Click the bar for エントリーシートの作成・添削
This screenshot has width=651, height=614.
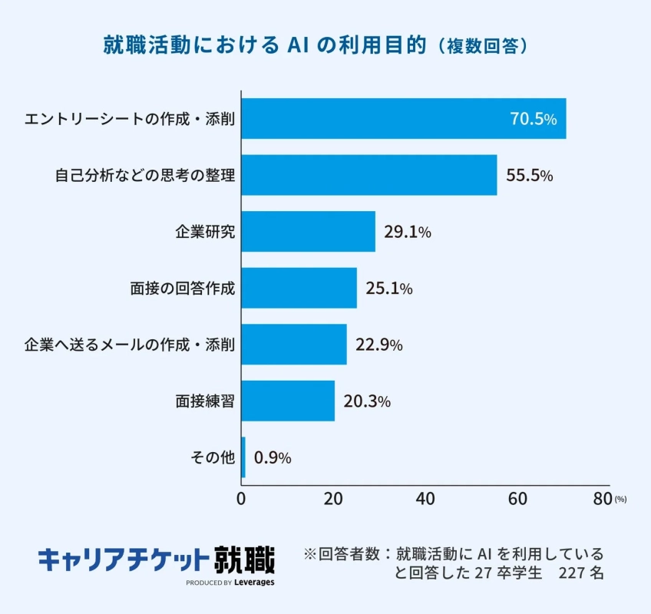tap(404, 119)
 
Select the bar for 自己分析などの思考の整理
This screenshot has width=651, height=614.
tap(369, 175)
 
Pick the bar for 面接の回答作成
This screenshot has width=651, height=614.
tap(299, 288)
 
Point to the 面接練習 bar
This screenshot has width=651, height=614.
tap(288, 401)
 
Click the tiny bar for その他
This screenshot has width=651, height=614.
tap(243, 457)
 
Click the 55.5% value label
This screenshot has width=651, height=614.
tap(529, 176)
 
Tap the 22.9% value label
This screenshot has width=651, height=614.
tap(378, 345)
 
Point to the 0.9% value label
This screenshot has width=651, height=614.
tap(273, 458)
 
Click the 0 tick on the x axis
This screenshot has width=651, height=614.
tap(242, 498)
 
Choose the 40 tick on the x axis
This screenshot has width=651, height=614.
tap(425, 498)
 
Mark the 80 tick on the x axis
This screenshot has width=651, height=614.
tap(603, 498)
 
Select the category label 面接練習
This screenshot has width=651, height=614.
tap(205, 401)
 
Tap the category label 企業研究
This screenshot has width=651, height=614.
tap(205, 232)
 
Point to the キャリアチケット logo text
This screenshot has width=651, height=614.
tap(124, 559)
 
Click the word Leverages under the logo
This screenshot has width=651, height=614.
tap(254, 583)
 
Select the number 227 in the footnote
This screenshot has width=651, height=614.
tap(573, 573)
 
